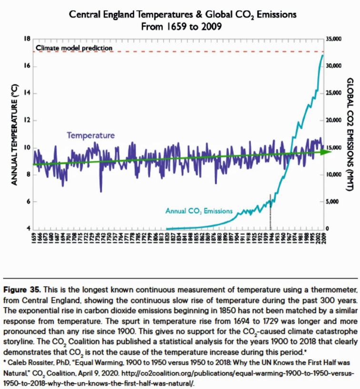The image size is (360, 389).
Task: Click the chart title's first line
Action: pyautogui.click(x=183, y=15)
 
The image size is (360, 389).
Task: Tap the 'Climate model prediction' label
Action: pyautogui.click(x=74, y=48)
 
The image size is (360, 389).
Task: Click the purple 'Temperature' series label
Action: pyautogui.click(x=90, y=136)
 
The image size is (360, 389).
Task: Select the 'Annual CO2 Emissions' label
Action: pyautogui.click(x=199, y=210)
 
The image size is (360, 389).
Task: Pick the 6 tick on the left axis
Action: pyautogui.click(x=28, y=201)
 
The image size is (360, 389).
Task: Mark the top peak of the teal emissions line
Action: pyautogui.click(x=322, y=55)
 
